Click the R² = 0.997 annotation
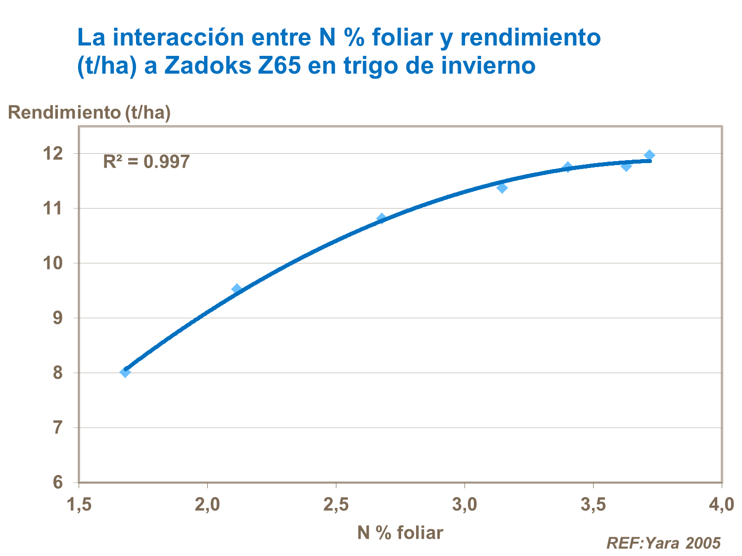(x=146, y=162)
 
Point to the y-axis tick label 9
(x=58, y=318)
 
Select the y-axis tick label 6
(x=58, y=482)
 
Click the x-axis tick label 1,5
(x=79, y=505)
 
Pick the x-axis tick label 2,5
(x=336, y=505)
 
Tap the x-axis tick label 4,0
(x=721, y=505)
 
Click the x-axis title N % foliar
(x=400, y=532)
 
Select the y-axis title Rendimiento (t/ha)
(x=90, y=113)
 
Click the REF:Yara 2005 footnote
(x=663, y=543)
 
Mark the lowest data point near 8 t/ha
(x=125, y=372)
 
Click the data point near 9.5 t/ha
(x=236, y=289)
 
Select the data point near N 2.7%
(x=381, y=218)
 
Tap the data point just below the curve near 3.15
(x=502, y=188)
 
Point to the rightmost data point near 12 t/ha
(x=649, y=155)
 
